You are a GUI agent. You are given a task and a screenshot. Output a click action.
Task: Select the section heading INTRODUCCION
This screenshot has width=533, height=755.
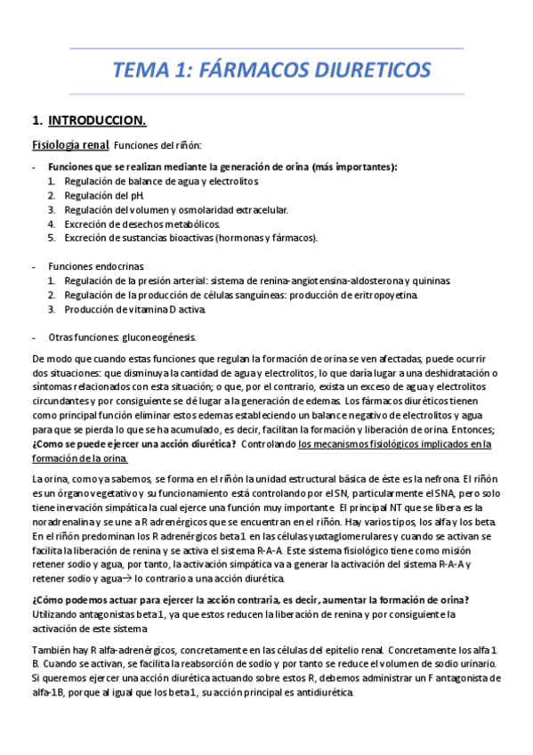click(x=98, y=119)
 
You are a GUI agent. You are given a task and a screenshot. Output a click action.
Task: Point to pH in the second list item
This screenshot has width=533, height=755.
click(x=138, y=195)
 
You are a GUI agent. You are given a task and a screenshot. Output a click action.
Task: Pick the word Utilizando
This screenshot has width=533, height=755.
click(x=56, y=615)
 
